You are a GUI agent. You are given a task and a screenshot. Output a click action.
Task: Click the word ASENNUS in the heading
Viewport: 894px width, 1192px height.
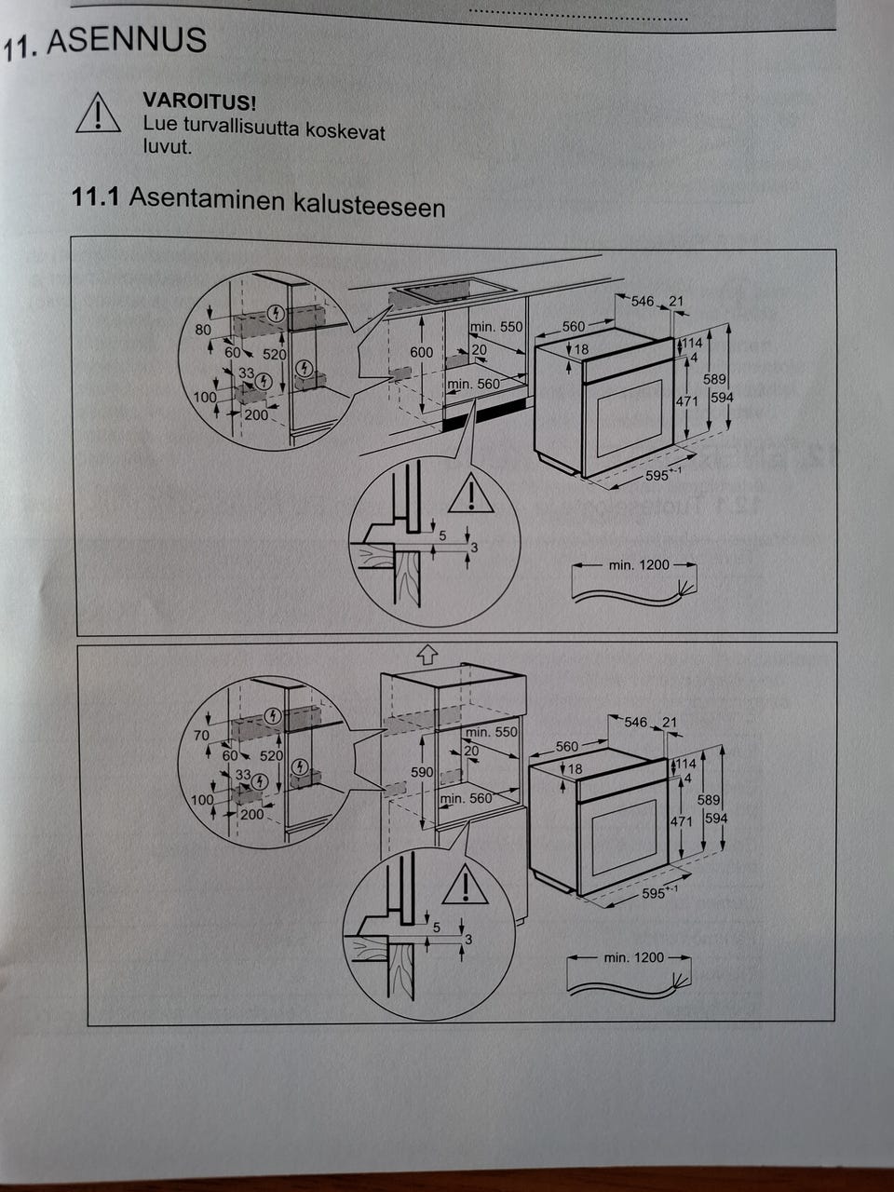(x=127, y=40)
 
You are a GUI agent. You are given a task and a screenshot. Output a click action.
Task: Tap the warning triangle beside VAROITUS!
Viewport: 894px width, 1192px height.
(x=98, y=113)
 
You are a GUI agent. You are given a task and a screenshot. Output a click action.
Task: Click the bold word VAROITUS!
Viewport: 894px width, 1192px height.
(x=199, y=101)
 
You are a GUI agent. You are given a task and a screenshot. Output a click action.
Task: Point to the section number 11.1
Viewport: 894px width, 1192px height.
(x=95, y=196)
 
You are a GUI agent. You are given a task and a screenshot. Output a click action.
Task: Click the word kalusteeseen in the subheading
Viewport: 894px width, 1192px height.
(x=369, y=206)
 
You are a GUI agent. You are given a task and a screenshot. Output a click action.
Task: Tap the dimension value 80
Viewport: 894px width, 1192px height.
(x=203, y=330)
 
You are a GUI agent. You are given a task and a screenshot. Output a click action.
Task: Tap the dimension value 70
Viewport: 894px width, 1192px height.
(x=201, y=736)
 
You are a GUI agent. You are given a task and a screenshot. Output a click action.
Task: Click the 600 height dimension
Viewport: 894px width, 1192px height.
(x=421, y=352)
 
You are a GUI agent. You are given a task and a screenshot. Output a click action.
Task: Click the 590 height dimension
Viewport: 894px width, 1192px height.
(x=422, y=772)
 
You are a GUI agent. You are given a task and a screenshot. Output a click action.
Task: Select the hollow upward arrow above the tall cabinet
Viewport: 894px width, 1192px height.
(x=427, y=655)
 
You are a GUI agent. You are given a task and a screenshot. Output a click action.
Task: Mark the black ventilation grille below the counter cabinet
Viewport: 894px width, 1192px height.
(x=485, y=413)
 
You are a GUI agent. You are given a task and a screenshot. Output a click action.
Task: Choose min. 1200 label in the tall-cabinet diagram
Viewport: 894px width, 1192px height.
(x=633, y=957)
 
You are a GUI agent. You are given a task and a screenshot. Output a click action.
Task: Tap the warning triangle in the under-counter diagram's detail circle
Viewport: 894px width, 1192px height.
(x=471, y=493)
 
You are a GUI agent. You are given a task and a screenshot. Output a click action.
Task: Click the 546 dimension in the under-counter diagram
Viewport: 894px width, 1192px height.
(x=643, y=301)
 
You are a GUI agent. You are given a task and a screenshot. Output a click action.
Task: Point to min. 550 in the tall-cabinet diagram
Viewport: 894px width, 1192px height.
(x=492, y=732)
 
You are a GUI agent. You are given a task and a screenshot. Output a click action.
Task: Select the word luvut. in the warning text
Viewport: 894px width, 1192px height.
(x=168, y=146)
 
